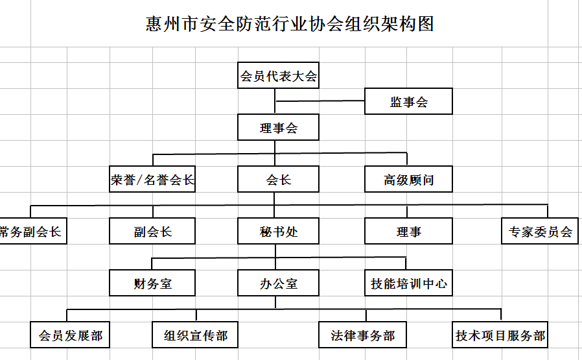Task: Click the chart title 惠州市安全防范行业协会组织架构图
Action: (290, 24)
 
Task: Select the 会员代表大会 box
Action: (278, 75)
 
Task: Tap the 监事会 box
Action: (408, 101)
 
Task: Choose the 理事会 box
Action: (278, 127)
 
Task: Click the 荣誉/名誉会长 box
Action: (152, 179)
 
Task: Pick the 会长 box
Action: (278, 179)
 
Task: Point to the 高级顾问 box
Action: (408, 179)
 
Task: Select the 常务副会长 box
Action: (33, 231)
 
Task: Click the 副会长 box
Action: (152, 231)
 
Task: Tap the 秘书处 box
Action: (278, 231)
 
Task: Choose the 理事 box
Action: (408, 231)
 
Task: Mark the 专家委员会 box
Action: (540, 231)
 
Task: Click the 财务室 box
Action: (152, 283)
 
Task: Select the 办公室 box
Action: (278, 283)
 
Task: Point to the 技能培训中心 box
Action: (408, 283)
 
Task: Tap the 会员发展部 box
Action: (70, 335)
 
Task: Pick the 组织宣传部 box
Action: (195, 335)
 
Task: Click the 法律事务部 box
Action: (362, 335)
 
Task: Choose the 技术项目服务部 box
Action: (500, 335)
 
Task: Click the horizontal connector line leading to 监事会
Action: (320, 101)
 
